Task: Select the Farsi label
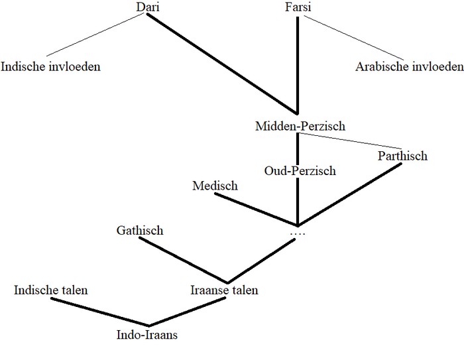click(298, 7)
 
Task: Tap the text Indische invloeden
click(51, 66)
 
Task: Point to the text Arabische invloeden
click(409, 66)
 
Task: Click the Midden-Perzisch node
click(300, 125)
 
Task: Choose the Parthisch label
click(402, 156)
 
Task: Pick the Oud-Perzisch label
click(300, 171)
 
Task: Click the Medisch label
click(215, 186)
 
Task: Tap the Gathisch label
click(139, 231)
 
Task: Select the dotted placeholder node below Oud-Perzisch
click(298, 234)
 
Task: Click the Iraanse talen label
click(223, 290)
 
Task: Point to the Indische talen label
click(51, 290)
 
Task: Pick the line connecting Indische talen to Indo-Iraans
click(99, 312)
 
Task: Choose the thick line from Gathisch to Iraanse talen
click(184, 261)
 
